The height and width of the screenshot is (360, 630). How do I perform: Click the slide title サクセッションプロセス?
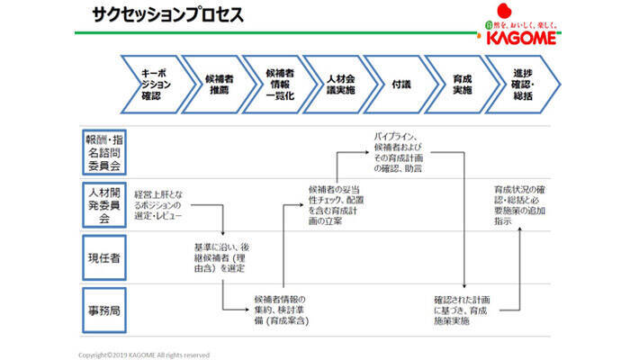(x=166, y=15)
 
